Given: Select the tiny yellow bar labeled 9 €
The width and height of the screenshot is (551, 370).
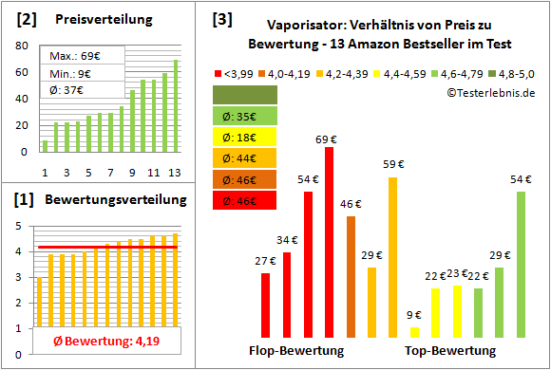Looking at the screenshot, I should pyautogui.click(x=414, y=331).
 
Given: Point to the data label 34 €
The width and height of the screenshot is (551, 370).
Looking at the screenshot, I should pyautogui.click(x=286, y=241).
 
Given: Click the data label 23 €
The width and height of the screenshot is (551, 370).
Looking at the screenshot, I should pyautogui.click(x=457, y=274).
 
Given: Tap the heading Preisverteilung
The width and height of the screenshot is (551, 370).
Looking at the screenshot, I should pyautogui.click(x=94, y=20).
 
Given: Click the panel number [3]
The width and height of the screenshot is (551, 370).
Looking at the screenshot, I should pyautogui.click(x=220, y=19).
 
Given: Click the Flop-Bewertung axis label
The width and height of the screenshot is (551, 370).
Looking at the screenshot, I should pyautogui.click(x=296, y=351).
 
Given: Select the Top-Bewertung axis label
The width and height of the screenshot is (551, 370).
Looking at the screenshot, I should pyautogui.click(x=450, y=351).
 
